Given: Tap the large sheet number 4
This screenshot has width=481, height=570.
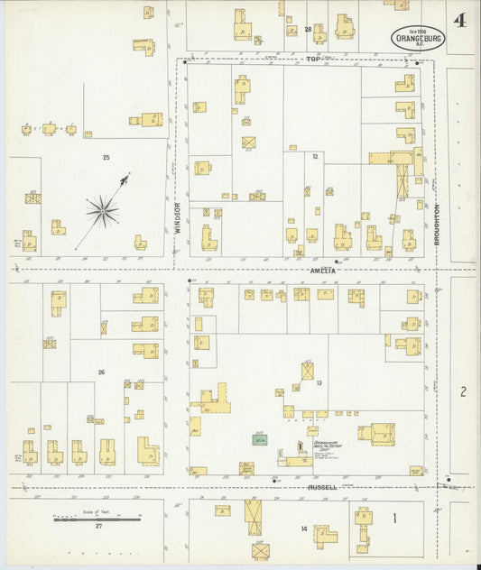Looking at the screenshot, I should [x=460, y=21].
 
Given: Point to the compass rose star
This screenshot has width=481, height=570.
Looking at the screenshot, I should [x=103, y=211].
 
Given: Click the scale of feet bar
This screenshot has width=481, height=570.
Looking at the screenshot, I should [x=97, y=519].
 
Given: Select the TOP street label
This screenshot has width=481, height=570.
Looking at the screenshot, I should [x=313, y=59].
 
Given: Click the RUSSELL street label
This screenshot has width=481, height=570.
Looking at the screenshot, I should [x=322, y=487].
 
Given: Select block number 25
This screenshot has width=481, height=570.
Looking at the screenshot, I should [x=106, y=158].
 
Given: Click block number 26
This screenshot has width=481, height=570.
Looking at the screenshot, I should [x=101, y=372].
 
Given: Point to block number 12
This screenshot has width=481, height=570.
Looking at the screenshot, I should [x=315, y=156].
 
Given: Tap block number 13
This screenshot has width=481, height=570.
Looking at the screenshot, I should [x=319, y=383].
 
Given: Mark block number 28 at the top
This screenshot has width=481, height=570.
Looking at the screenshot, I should [x=308, y=30].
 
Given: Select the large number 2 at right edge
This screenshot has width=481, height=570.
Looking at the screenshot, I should [x=462, y=391].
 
